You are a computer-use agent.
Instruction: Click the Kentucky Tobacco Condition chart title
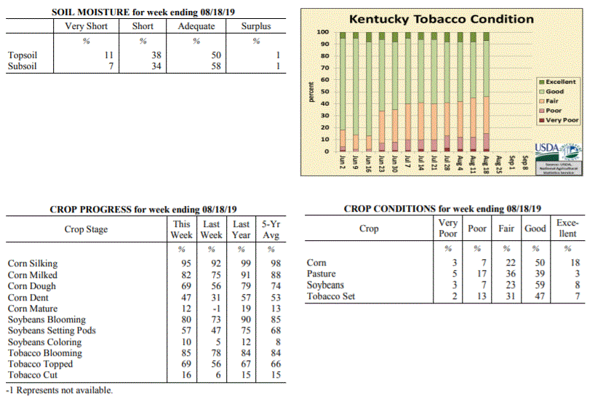point(442,19)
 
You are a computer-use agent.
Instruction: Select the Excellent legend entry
point(557,82)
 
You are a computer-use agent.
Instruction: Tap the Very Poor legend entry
point(559,120)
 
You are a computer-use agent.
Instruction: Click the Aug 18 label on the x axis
point(486,164)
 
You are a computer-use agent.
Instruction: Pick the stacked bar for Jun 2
point(343,92)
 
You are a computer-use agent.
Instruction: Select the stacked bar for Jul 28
point(447,92)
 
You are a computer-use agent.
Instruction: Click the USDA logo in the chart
point(558,152)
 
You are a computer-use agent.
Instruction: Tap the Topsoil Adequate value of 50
point(216,55)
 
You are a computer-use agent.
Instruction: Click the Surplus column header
point(256,25)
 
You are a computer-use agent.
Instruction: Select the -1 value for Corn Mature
point(216,309)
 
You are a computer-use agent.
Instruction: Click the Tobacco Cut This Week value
point(186,375)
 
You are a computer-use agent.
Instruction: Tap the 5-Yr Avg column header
point(271,229)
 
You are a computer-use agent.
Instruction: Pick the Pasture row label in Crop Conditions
point(321,274)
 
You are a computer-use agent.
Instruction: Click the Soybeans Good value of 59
point(540,285)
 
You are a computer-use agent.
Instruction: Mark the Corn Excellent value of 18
point(575,263)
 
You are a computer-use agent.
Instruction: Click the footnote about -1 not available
point(60,390)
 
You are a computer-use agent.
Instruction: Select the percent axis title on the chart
point(311,92)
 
